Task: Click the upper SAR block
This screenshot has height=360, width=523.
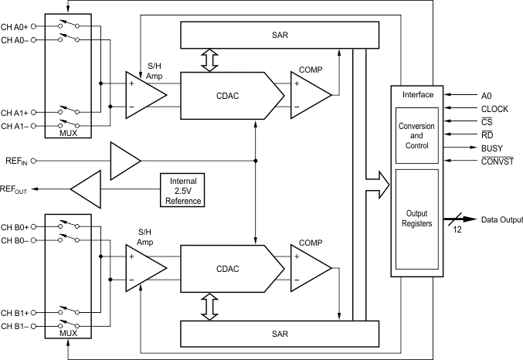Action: click(279, 34)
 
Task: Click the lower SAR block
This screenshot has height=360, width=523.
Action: click(279, 334)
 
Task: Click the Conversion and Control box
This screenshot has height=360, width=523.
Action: click(416, 135)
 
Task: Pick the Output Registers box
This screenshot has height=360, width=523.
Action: click(416, 218)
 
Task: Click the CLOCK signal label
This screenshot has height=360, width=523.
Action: click(494, 109)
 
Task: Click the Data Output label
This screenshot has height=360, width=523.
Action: click(502, 219)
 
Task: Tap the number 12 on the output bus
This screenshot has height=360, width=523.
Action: click(457, 229)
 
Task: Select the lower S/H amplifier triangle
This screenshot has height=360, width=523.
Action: click(145, 267)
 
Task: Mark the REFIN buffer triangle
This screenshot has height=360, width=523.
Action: click(124, 161)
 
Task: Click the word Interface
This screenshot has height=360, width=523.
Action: click(418, 94)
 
